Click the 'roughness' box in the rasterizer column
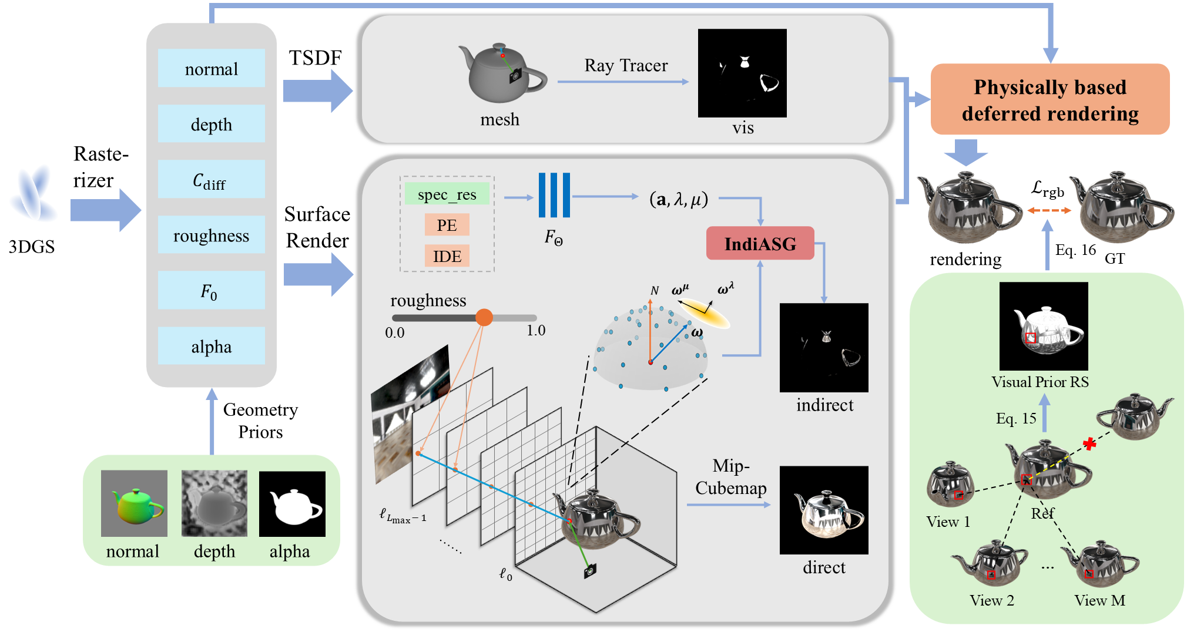pyautogui.click(x=211, y=235)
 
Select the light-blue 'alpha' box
pyautogui.click(x=211, y=347)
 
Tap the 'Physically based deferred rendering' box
pyautogui.click(x=1049, y=100)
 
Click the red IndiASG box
pyautogui.click(x=760, y=243)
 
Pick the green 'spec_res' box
pyautogui.click(x=447, y=194)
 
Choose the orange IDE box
pyautogui.click(x=447, y=256)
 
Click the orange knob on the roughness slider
pyautogui.click(x=484, y=317)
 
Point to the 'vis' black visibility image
pyautogui.click(x=742, y=73)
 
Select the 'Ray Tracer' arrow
pyautogui.click(x=623, y=82)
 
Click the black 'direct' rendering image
pyautogui.click(x=824, y=510)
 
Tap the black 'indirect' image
pyautogui.click(x=824, y=348)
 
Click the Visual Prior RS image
pyautogui.click(x=1044, y=326)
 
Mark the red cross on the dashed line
pyautogui.click(x=1089, y=444)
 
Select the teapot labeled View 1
pyautogui.click(x=950, y=485)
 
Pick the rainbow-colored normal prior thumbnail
pyautogui.click(x=134, y=503)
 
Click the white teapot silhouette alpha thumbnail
pyautogui.click(x=292, y=504)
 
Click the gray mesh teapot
pyautogui.click(x=501, y=73)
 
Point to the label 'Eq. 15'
pyautogui.click(x=1015, y=418)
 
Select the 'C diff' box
pyautogui.click(x=211, y=179)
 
